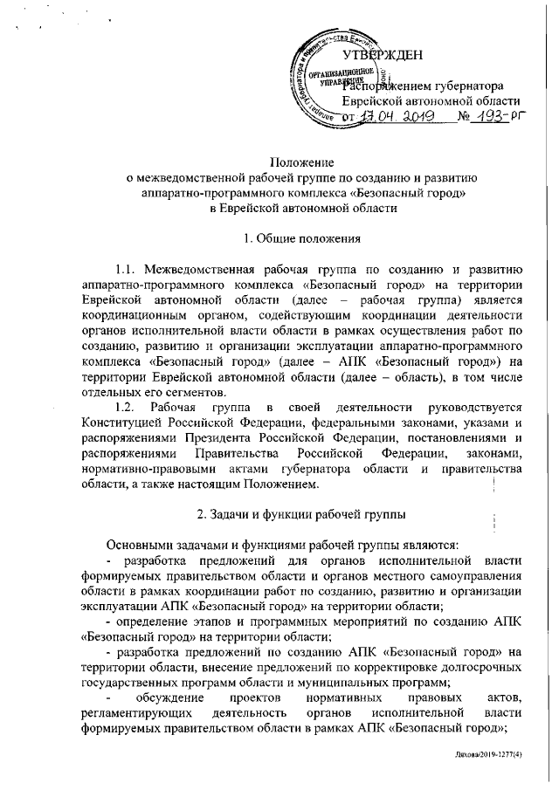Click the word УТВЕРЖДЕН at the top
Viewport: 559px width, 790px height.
(384, 58)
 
